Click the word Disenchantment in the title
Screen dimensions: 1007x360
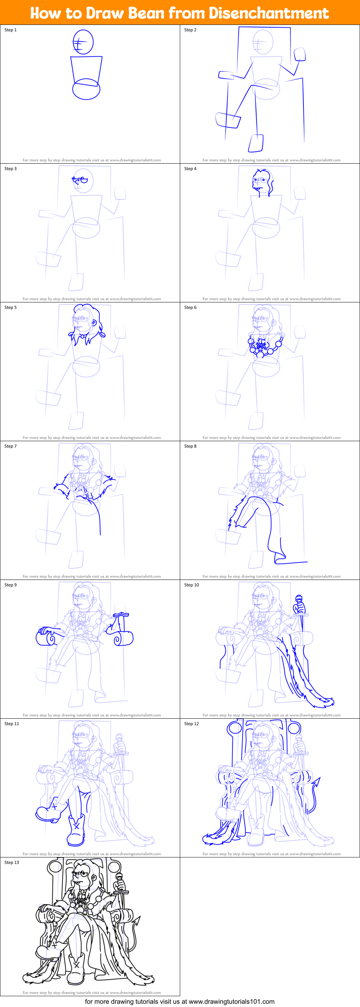tap(268, 13)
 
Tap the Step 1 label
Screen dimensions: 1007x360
tap(10, 30)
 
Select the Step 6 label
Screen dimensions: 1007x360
tap(190, 307)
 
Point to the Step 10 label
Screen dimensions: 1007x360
tap(191, 585)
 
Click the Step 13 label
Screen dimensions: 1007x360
tap(12, 862)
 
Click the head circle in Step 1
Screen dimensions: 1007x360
tap(83, 41)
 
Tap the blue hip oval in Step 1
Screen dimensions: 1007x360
tap(86, 89)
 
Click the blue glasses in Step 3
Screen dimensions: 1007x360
tap(80, 180)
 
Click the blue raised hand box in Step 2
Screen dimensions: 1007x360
tap(299, 54)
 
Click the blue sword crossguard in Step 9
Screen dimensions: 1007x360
tap(121, 615)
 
